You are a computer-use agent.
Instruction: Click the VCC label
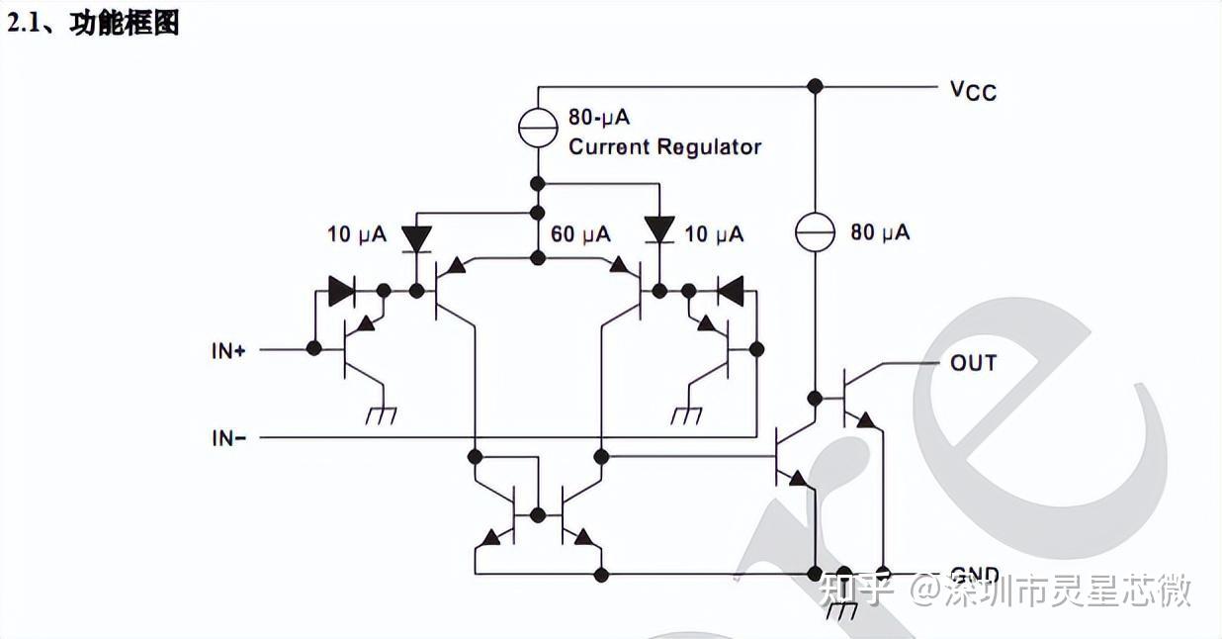tap(973, 90)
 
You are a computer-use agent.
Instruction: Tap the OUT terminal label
tap(973, 363)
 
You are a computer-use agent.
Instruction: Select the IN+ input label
tap(228, 350)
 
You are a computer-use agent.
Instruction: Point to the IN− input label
tap(228, 437)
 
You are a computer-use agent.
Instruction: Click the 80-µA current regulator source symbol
tap(538, 126)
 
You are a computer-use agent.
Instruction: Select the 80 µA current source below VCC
tap(815, 232)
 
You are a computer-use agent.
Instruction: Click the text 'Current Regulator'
tap(664, 147)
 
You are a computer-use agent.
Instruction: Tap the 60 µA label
tap(580, 234)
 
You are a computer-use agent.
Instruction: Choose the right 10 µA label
tap(714, 234)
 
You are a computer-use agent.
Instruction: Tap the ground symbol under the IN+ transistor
tap(381, 416)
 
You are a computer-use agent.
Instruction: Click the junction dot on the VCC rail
tap(815, 86)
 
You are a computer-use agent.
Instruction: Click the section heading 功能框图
tap(125, 23)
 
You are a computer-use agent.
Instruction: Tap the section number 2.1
tap(28, 23)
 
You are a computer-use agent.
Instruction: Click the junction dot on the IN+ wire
tap(313, 348)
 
